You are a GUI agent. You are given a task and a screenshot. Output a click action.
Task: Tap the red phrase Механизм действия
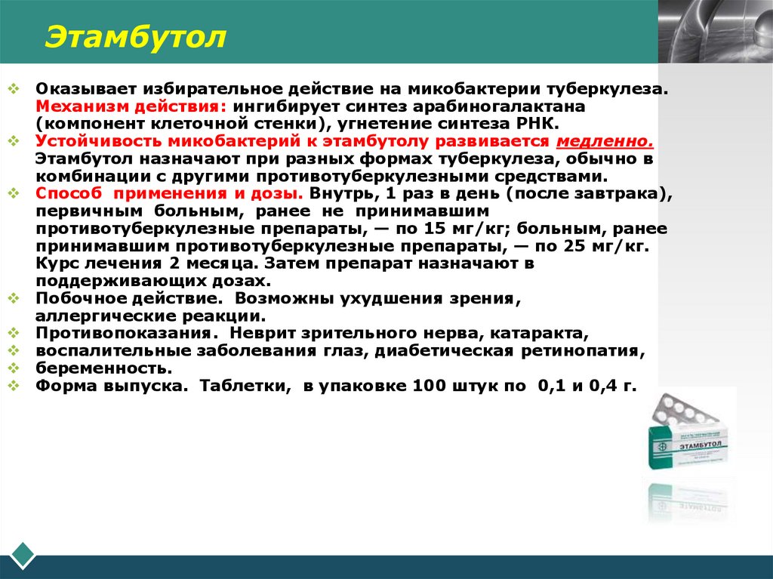coord(131,106)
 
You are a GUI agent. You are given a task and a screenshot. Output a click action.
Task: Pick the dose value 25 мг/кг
coord(603,246)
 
